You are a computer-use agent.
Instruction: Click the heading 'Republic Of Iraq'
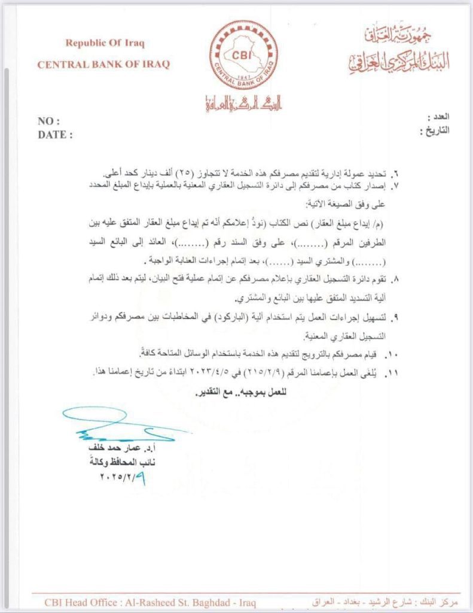(105, 43)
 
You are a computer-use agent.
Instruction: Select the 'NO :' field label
(49, 122)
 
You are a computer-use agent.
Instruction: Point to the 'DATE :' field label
(55, 135)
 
